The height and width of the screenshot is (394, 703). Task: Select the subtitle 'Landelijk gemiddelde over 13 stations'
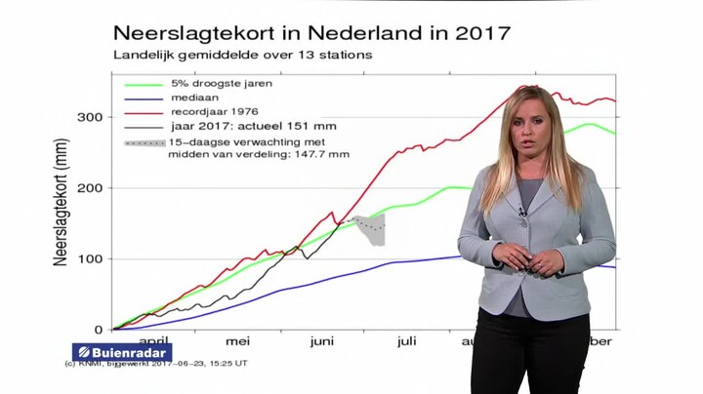click(242, 55)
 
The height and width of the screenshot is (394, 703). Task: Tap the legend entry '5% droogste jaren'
click(220, 84)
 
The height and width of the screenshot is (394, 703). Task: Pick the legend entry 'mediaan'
click(193, 98)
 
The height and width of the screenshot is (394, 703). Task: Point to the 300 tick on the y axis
click(90, 117)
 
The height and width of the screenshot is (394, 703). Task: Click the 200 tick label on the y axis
click(90, 188)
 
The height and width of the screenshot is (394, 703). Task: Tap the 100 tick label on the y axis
click(90, 259)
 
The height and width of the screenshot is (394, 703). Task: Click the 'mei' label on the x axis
click(238, 342)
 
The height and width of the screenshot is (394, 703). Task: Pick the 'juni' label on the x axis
click(322, 342)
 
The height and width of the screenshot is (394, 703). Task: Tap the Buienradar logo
click(122, 352)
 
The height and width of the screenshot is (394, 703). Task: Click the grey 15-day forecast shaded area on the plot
click(369, 230)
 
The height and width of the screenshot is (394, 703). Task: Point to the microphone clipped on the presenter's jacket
click(522, 212)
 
